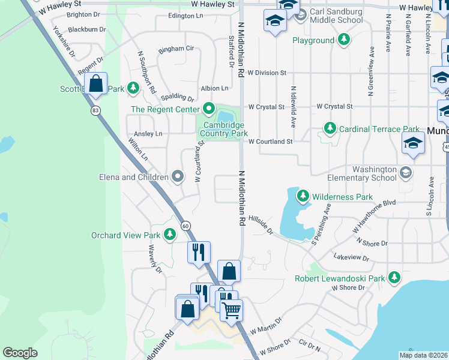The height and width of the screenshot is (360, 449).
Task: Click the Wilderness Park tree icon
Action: pyautogui.click(x=303, y=196)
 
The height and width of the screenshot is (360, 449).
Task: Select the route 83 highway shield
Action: pyautogui.click(x=95, y=110)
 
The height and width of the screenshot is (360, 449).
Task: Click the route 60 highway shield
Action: pyautogui.click(x=186, y=225)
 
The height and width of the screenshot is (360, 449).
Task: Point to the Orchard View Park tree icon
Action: pyautogui.click(x=170, y=235)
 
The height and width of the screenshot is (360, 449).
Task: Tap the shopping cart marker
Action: pyautogui.click(x=231, y=310)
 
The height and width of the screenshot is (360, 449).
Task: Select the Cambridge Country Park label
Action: pyautogui.click(x=223, y=129)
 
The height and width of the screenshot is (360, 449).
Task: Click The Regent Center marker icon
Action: pyautogui.click(x=209, y=109)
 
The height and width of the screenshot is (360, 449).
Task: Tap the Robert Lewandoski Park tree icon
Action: pyautogui.click(x=394, y=278)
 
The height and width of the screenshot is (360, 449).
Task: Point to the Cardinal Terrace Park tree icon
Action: pyautogui.click(x=330, y=128)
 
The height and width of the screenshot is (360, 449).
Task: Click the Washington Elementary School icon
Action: pyautogui.click(x=406, y=173)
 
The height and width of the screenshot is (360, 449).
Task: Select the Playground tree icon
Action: pyautogui.click(x=344, y=40)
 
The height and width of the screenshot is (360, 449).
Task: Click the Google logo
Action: pyautogui.click(x=20, y=353)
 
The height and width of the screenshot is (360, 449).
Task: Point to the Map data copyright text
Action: pyautogui.click(x=423, y=355)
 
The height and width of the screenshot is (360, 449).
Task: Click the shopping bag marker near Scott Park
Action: pyautogui.click(x=95, y=84)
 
